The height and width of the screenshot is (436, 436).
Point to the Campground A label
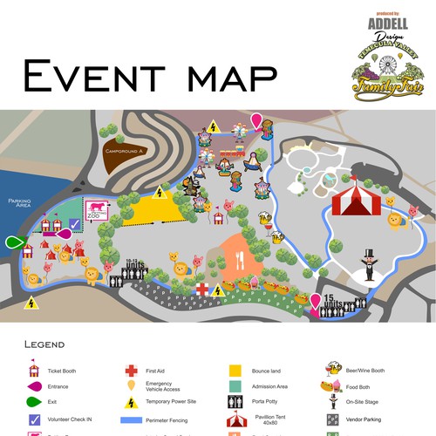tap(124, 151)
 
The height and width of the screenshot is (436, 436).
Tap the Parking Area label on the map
tap(18, 203)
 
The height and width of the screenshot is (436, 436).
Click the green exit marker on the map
tap(15, 242)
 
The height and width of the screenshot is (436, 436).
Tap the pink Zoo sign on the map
tap(95, 210)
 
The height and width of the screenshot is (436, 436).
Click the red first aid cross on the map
tap(201, 288)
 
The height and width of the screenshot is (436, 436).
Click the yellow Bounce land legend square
tap(235, 371)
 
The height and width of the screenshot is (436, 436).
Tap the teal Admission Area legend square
tap(235, 386)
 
